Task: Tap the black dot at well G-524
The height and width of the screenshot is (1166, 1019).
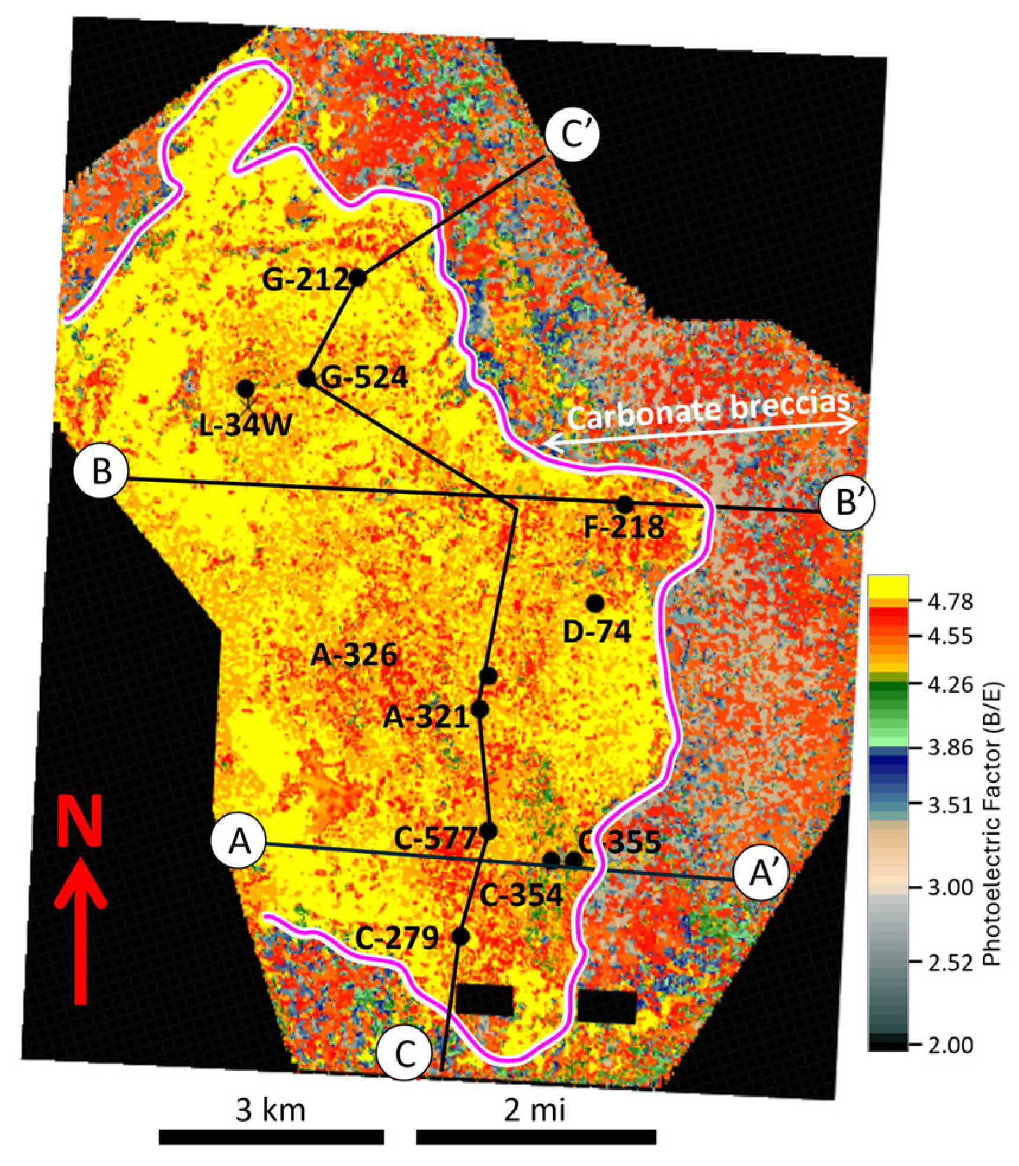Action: [x=306, y=377]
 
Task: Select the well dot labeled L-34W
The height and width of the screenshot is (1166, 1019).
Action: [x=245, y=389]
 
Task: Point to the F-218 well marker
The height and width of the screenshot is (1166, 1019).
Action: [x=624, y=505]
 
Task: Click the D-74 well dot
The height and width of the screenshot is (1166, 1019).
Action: [x=595, y=603]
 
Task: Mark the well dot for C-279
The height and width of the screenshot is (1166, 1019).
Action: [x=460, y=936]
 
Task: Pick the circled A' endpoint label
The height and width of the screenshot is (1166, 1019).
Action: [x=761, y=874]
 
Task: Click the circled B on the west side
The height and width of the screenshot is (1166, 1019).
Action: [x=102, y=474]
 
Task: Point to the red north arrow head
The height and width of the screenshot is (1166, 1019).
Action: [x=80, y=889]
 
